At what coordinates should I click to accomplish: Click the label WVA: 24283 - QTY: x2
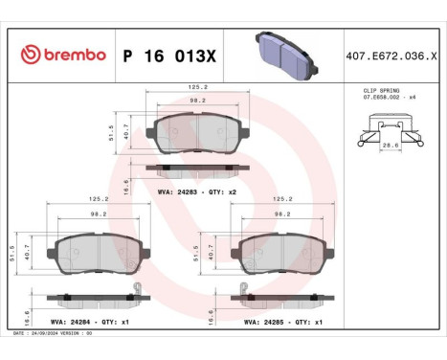[x=195, y=192]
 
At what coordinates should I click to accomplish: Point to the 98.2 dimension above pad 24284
[x=96, y=215]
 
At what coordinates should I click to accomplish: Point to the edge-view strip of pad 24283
[x=196, y=169]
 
